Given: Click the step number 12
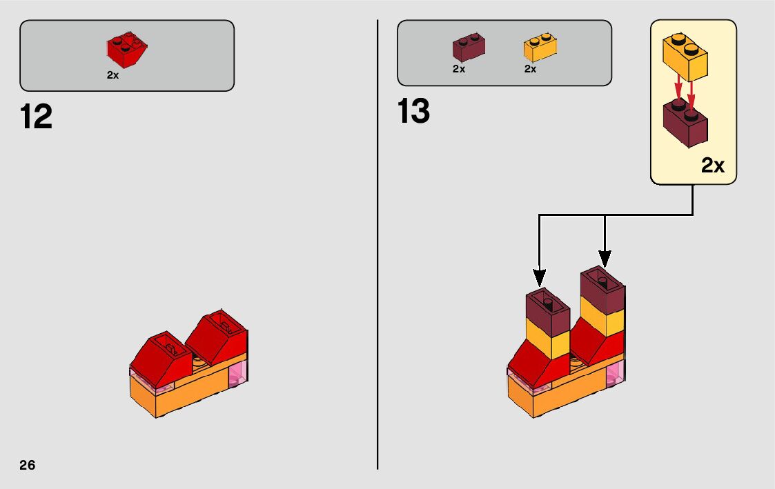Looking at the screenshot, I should click(37, 117).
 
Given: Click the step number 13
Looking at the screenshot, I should click(414, 111).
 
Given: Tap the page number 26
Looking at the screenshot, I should click(28, 464).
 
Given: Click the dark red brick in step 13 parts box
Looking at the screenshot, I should click(468, 47).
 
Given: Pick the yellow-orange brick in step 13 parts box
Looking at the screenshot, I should click(540, 47).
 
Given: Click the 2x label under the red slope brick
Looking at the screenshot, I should click(112, 75).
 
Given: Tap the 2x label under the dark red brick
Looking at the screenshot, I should click(459, 69).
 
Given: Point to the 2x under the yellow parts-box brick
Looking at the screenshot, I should click(530, 69).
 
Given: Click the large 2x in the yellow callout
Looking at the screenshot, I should click(713, 166).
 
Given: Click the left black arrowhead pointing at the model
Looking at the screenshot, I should click(540, 278).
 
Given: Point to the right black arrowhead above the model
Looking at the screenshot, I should click(605, 259).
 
